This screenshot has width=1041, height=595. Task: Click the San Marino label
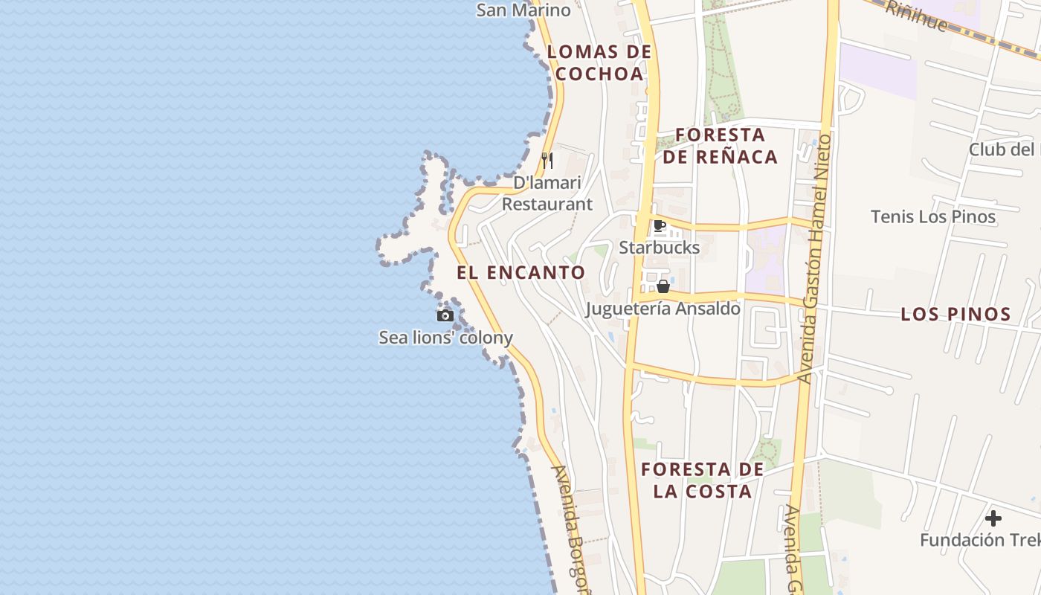(x=523, y=10)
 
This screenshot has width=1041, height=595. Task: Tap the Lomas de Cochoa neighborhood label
(x=599, y=62)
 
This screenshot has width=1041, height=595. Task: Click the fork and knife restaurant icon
(x=547, y=161)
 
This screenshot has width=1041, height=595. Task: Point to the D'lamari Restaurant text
(x=547, y=193)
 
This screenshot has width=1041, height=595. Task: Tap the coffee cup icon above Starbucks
(x=659, y=226)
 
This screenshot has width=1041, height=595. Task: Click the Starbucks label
(x=660, y=247)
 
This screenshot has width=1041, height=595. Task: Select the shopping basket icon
(x=663, y=286)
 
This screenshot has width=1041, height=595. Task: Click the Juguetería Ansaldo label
(x=663, y=308)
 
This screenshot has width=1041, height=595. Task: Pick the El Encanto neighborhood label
(x=521, y=272)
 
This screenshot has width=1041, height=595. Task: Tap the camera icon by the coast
(x=445, y=315)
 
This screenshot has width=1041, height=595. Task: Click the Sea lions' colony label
(x=446, y=338)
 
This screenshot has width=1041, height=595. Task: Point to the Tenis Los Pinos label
(x=933, y=216)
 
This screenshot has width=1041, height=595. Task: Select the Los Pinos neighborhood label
(x=955, y=314)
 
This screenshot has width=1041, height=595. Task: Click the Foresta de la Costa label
(x=703, y=480)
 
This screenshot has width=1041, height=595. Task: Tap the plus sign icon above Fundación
(x=993, y=518)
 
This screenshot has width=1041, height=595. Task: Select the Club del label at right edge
(x=1004, y=149)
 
